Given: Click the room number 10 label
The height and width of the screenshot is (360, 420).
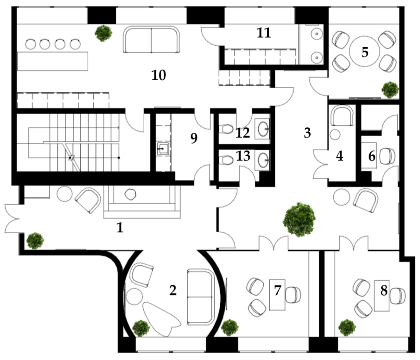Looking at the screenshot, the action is [159, 75].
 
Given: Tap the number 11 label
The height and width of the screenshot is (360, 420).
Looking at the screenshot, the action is [264, 33].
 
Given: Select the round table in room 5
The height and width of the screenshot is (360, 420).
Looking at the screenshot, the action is [364, 51].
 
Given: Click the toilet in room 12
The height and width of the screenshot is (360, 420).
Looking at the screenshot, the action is [226, 129].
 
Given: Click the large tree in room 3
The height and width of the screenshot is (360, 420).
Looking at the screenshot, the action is [299, 220].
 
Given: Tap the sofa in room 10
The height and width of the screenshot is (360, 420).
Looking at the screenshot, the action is [151, 39].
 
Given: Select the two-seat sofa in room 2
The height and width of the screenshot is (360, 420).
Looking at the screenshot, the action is [201, 297].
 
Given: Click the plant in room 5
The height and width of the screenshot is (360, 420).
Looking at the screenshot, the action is [390, 90].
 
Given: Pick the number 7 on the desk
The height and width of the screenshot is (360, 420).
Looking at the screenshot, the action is [278, 291].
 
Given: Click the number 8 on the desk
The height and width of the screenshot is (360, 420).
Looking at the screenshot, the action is [384, 291].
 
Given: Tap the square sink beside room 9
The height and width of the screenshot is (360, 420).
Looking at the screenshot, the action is [163, 149].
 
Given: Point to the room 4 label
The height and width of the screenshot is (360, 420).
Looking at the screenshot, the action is [340, 156].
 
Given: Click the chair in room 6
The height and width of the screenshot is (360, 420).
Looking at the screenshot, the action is [387, 156].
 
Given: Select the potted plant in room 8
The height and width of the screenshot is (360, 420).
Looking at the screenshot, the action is [347, 328].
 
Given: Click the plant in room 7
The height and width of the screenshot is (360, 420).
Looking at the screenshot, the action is [230, 328].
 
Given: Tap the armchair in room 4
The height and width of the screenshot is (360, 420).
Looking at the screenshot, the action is [342, 116].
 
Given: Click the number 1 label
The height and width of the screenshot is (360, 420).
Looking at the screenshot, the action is [120, 228].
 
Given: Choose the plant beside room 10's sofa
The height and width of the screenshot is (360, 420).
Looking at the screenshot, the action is [104, 33].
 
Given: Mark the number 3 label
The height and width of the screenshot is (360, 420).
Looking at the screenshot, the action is [307, 133].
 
